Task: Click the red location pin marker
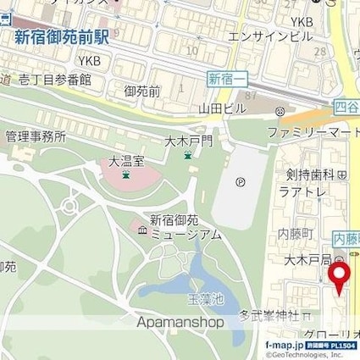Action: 339,276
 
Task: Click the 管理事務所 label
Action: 36,136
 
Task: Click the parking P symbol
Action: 240,180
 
